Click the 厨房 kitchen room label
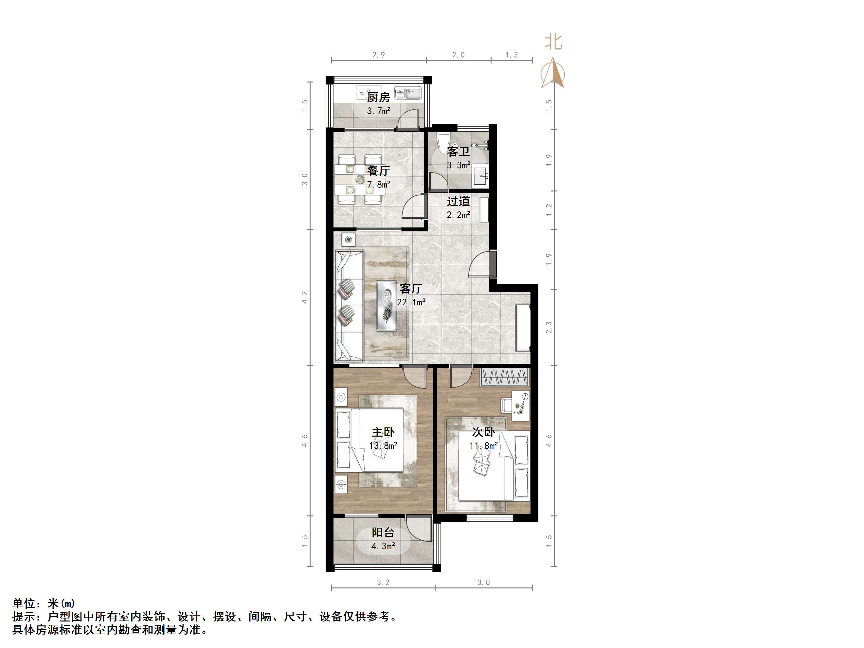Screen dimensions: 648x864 pos(378,97)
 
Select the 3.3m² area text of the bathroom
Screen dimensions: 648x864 pos(458,165)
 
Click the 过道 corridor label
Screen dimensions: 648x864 pos(458,202)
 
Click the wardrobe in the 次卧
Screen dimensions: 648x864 pos(504,377)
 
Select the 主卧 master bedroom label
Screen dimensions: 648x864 pos(383,432)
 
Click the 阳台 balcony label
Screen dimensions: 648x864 pos(383,532)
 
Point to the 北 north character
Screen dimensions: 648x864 pos(553,42)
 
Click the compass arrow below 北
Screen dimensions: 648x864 pos(553,73)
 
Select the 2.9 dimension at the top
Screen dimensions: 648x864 pos(378,55)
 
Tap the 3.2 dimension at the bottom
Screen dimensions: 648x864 pos(383,582)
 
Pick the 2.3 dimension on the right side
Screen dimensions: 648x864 pos(549,327)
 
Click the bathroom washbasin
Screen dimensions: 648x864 pos(480,176)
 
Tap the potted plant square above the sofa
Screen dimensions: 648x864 pos(348,239)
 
